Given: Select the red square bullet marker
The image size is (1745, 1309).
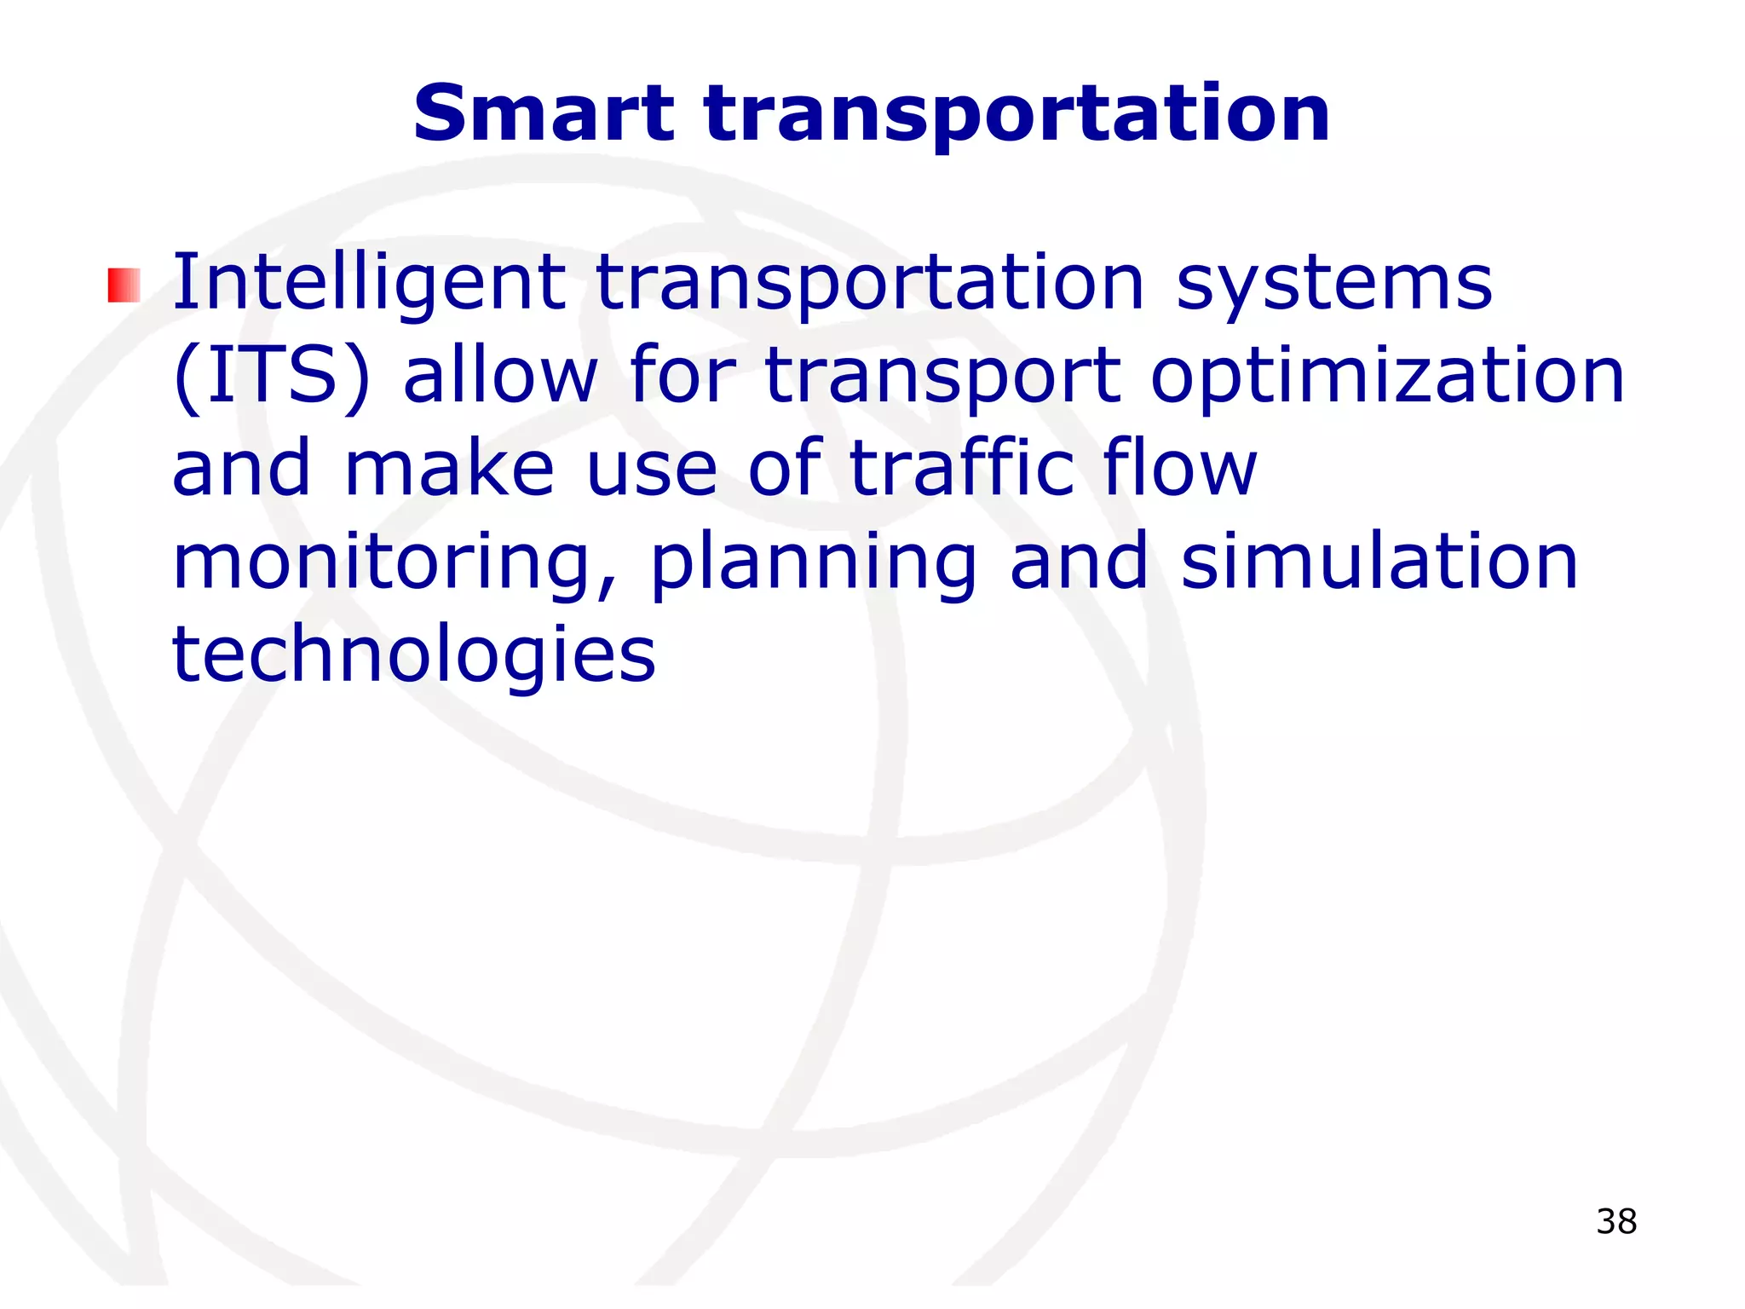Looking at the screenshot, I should [x=124, y=285].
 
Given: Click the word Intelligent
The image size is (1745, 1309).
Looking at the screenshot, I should [x=369, y=285].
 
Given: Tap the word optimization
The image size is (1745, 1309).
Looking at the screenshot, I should [x=1387, y=378].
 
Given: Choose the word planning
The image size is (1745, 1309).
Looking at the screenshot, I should [x=813, y=564].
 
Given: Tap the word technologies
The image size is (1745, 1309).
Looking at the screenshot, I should [x=414, y=656].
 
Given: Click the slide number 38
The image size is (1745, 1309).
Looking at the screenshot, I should [x=1616, y=1221].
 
